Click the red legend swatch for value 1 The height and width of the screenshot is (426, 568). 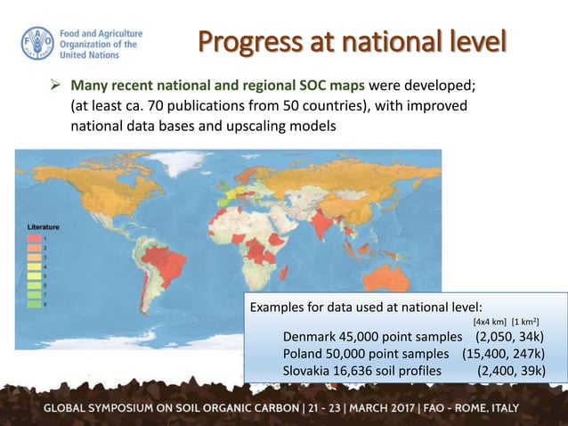pos(32,239)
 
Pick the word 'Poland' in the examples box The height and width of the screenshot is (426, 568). pos(303,354)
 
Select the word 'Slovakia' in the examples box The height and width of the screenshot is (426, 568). pos(308,371)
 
